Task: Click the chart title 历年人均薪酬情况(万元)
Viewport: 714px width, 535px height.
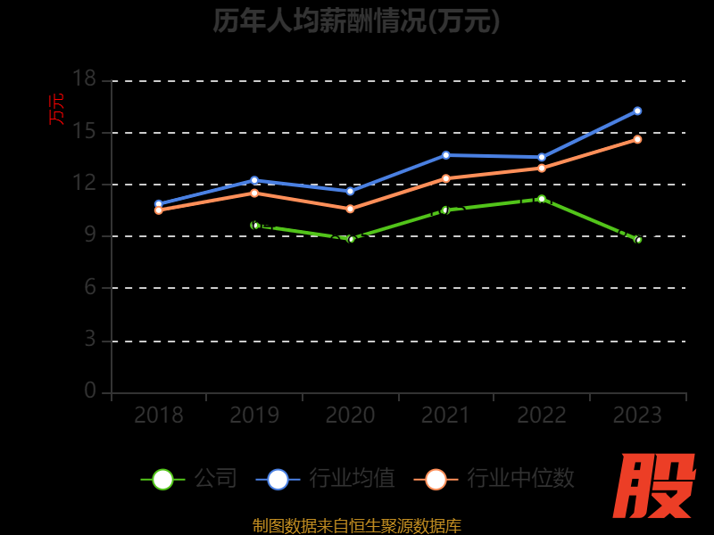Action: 357,21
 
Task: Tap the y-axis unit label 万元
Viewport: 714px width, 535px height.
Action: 57,109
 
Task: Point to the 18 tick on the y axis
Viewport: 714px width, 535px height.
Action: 84,79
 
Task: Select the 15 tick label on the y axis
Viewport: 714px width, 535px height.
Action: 84,131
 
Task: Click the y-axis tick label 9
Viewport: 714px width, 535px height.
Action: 89,235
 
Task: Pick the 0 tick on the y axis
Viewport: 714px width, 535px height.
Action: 89,391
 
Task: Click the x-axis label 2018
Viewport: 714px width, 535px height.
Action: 159,416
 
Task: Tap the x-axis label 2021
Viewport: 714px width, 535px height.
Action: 445,416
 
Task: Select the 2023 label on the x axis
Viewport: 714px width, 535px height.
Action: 637,416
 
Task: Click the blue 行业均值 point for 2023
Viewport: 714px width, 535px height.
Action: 637,111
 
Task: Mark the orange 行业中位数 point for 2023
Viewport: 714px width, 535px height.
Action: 637,139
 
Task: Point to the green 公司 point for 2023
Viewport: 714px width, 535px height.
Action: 637,240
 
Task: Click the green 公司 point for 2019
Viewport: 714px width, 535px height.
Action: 254,226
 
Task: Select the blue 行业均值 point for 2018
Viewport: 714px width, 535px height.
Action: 159,204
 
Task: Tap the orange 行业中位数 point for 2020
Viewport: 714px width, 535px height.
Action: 350,209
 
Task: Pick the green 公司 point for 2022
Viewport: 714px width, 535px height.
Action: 542,199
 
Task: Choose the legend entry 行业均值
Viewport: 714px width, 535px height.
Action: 326,479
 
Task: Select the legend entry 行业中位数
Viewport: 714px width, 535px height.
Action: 494,479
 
